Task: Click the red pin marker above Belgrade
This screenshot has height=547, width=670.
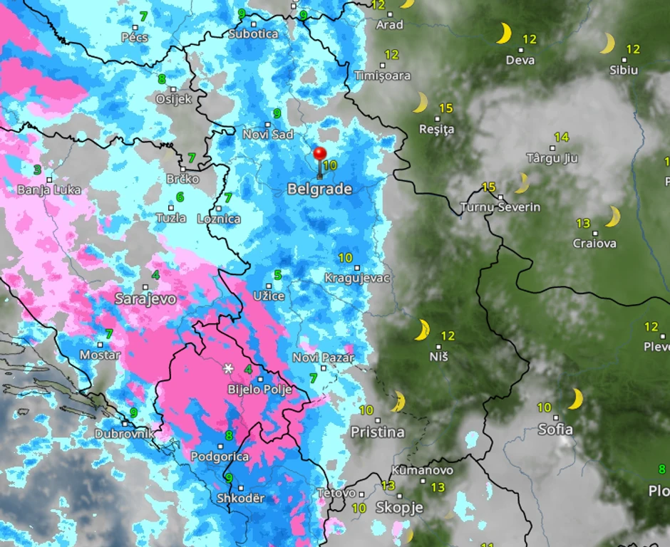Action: [x=319, y=155]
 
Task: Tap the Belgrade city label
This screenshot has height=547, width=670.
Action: [x=319, y=189]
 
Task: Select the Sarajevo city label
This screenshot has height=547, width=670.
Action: [x=145, y=298]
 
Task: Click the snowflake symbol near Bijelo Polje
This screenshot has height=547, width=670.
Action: [x=228, y=368]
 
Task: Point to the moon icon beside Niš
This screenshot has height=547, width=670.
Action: [x=423, y=330]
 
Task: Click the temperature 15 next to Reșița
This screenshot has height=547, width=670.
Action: [x=445, y=108]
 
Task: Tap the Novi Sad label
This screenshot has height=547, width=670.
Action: [x=268, y=135]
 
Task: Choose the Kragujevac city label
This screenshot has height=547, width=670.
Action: [x=357, y=278]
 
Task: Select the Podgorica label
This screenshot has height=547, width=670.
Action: [x=220, y=457]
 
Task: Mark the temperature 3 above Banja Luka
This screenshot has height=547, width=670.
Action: [x=37, y=170]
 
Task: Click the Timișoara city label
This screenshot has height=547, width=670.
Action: [x=382, y=75]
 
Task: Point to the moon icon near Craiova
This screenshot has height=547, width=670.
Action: [x=613, y=216]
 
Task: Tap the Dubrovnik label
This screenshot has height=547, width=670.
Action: [x=125, y=433]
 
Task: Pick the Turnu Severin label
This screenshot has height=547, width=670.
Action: [x=500, y=207]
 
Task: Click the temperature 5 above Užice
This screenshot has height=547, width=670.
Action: [x=277, y=276]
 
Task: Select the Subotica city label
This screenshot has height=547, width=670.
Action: [x=254, y=33]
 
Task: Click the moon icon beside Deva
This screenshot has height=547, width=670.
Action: [x=504, y=33]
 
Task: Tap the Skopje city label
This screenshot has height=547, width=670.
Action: [x=399, y=507]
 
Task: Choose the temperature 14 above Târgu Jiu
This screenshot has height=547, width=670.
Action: [x=561, y=137]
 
